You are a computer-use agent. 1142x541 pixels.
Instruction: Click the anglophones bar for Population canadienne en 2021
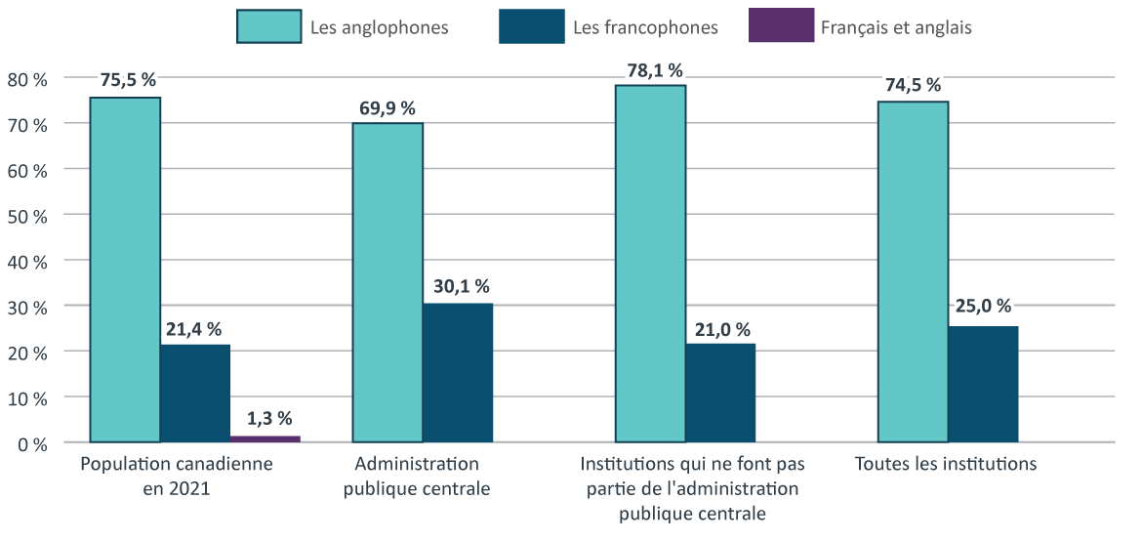(x=125, y=270)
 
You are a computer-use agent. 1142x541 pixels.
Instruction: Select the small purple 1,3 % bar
(x=265, y=438)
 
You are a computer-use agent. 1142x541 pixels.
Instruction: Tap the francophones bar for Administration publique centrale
(x=458, y=373)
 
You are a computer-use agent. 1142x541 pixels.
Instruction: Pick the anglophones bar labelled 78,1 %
(x=650, y=264)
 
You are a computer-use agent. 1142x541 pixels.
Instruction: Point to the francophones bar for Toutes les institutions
(x=983, y=384)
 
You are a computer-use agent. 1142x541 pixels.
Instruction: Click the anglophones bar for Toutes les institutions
(x=913, y=271)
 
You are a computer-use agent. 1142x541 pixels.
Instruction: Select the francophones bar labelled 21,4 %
(x=195, y=393)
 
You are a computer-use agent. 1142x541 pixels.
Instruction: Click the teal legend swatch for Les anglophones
(x=268, y=26)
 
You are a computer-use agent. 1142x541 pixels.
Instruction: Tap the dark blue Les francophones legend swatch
(x=531, y=26)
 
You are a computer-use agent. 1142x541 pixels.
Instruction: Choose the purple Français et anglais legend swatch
(x=781, y=26)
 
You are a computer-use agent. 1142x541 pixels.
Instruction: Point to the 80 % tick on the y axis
(x=27, y=78)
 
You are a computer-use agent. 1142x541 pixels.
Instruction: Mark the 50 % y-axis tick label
(x=27, y=216)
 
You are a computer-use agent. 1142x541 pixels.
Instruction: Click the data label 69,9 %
(x=387, y=107)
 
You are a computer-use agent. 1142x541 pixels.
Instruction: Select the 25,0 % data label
(x=983, y=307)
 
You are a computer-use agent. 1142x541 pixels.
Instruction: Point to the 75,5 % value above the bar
(x=128, y=80)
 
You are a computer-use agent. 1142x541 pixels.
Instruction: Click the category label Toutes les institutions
(x=945, y=464)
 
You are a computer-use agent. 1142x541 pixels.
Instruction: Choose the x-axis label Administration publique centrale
(x=417, y=476)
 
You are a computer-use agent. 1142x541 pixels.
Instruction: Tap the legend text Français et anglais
(x=896, y=27)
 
